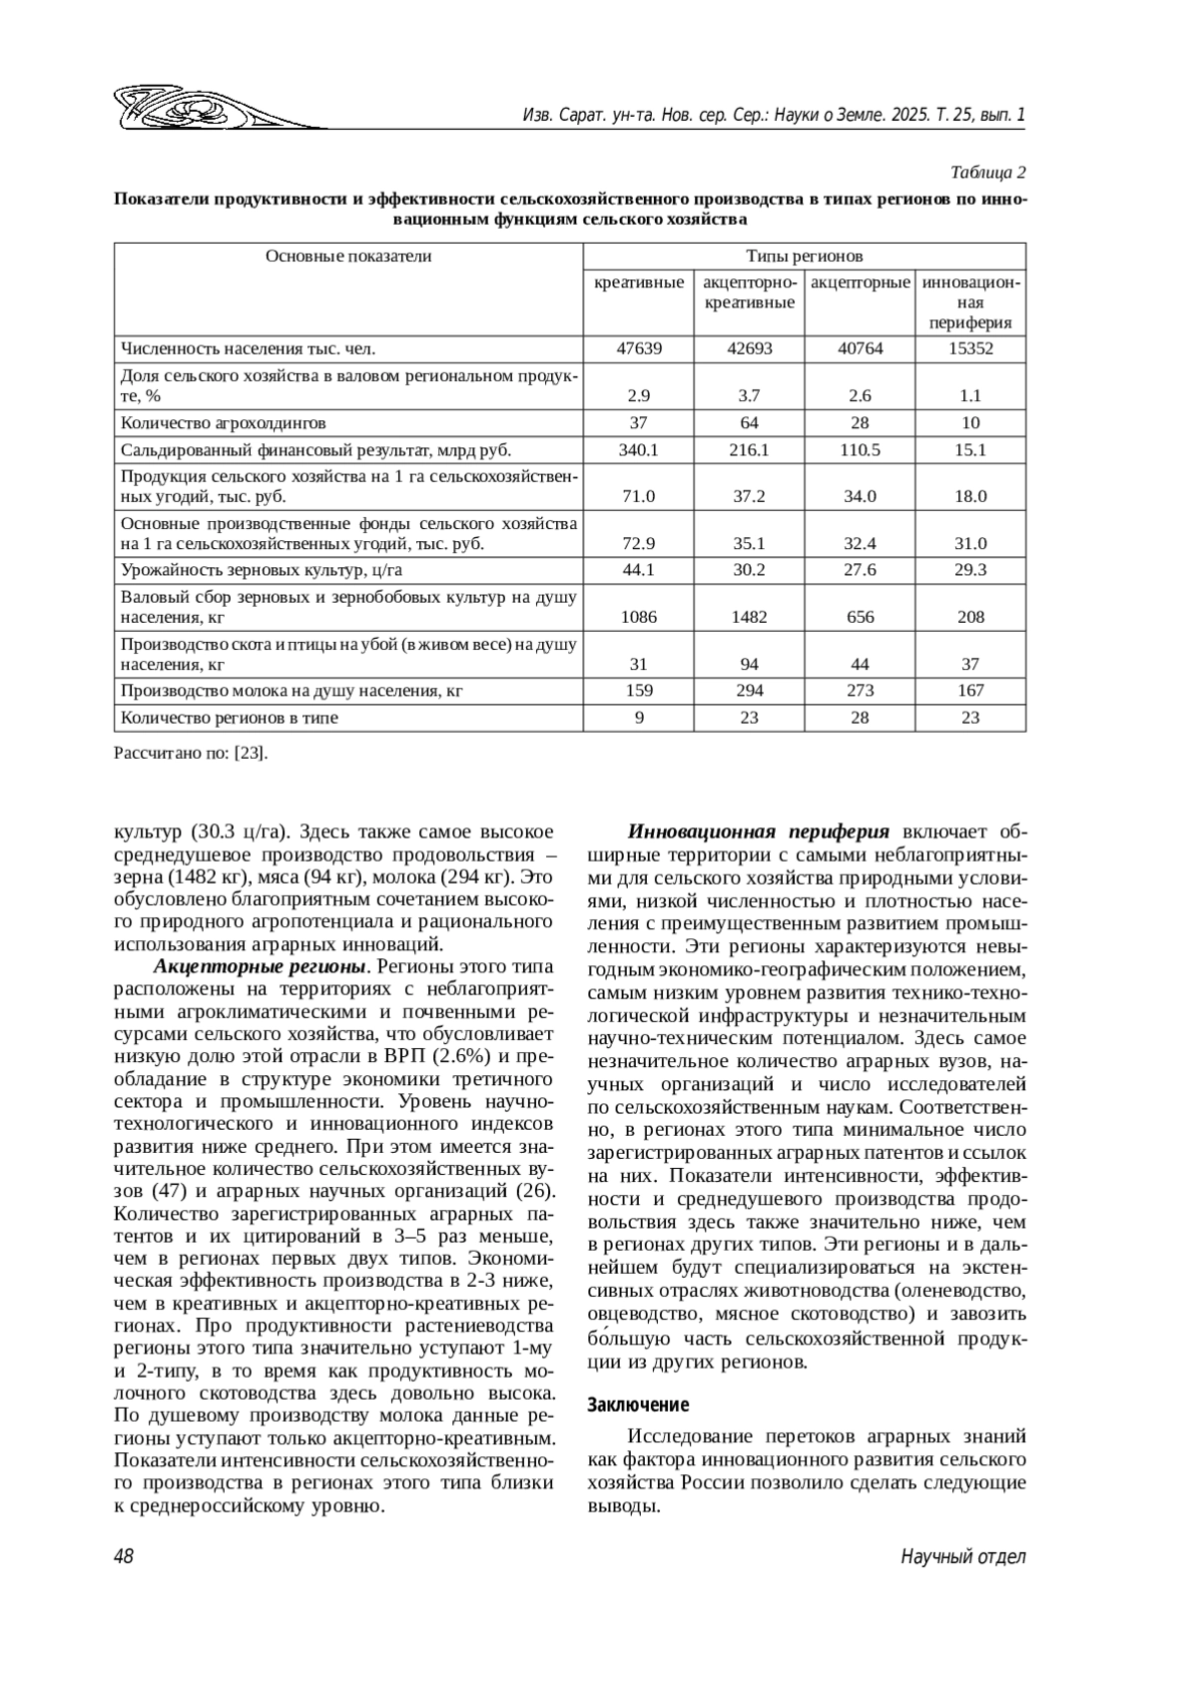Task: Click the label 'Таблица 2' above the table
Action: (987, 172)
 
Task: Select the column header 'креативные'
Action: (639, 282)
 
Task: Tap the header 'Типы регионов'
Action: (804, 257)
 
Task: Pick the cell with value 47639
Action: (639, 349)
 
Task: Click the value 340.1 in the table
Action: (639, 450)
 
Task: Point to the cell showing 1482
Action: (749, 617)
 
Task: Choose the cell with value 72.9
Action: (639, 544)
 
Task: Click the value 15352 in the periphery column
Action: (970, 349)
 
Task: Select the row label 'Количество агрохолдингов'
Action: (224, 423)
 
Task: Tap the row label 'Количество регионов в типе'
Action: (230, 718)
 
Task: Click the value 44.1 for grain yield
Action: (639, 570)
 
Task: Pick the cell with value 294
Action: (749, 691)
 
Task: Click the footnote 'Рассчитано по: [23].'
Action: (192, 754)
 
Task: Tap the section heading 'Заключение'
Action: (638, 1406)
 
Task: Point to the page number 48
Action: (125, 1557)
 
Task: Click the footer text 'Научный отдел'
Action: (962, 1557)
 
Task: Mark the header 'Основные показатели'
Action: (348, 257)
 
